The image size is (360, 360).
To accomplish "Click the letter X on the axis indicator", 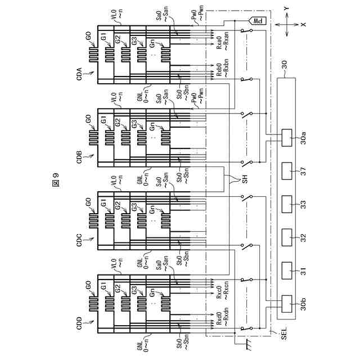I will click(303, 25).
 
